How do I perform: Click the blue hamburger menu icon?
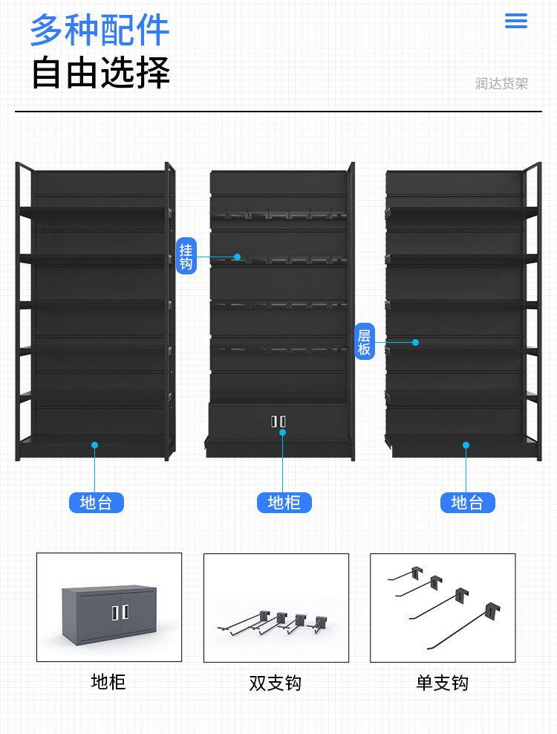point(515,21)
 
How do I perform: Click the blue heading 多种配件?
point(100,30)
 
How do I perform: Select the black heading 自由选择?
point(100,73)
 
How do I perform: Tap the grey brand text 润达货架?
point(501,84)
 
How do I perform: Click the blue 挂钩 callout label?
point(186,257)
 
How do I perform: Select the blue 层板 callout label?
point(364,342)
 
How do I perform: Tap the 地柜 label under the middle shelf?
point(284,503)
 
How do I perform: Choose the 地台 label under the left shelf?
point(96,503)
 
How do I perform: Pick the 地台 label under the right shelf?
point(467,503)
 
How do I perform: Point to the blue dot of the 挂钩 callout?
point(238,257)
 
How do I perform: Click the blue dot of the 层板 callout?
point(416,342)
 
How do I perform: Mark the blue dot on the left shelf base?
point(94,445)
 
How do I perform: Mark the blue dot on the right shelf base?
point(466,445)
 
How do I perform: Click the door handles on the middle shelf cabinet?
point(278,422)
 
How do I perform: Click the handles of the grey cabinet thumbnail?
point(120,612)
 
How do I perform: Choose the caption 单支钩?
point(442,683)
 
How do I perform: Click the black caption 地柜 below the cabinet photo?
point(108,682)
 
